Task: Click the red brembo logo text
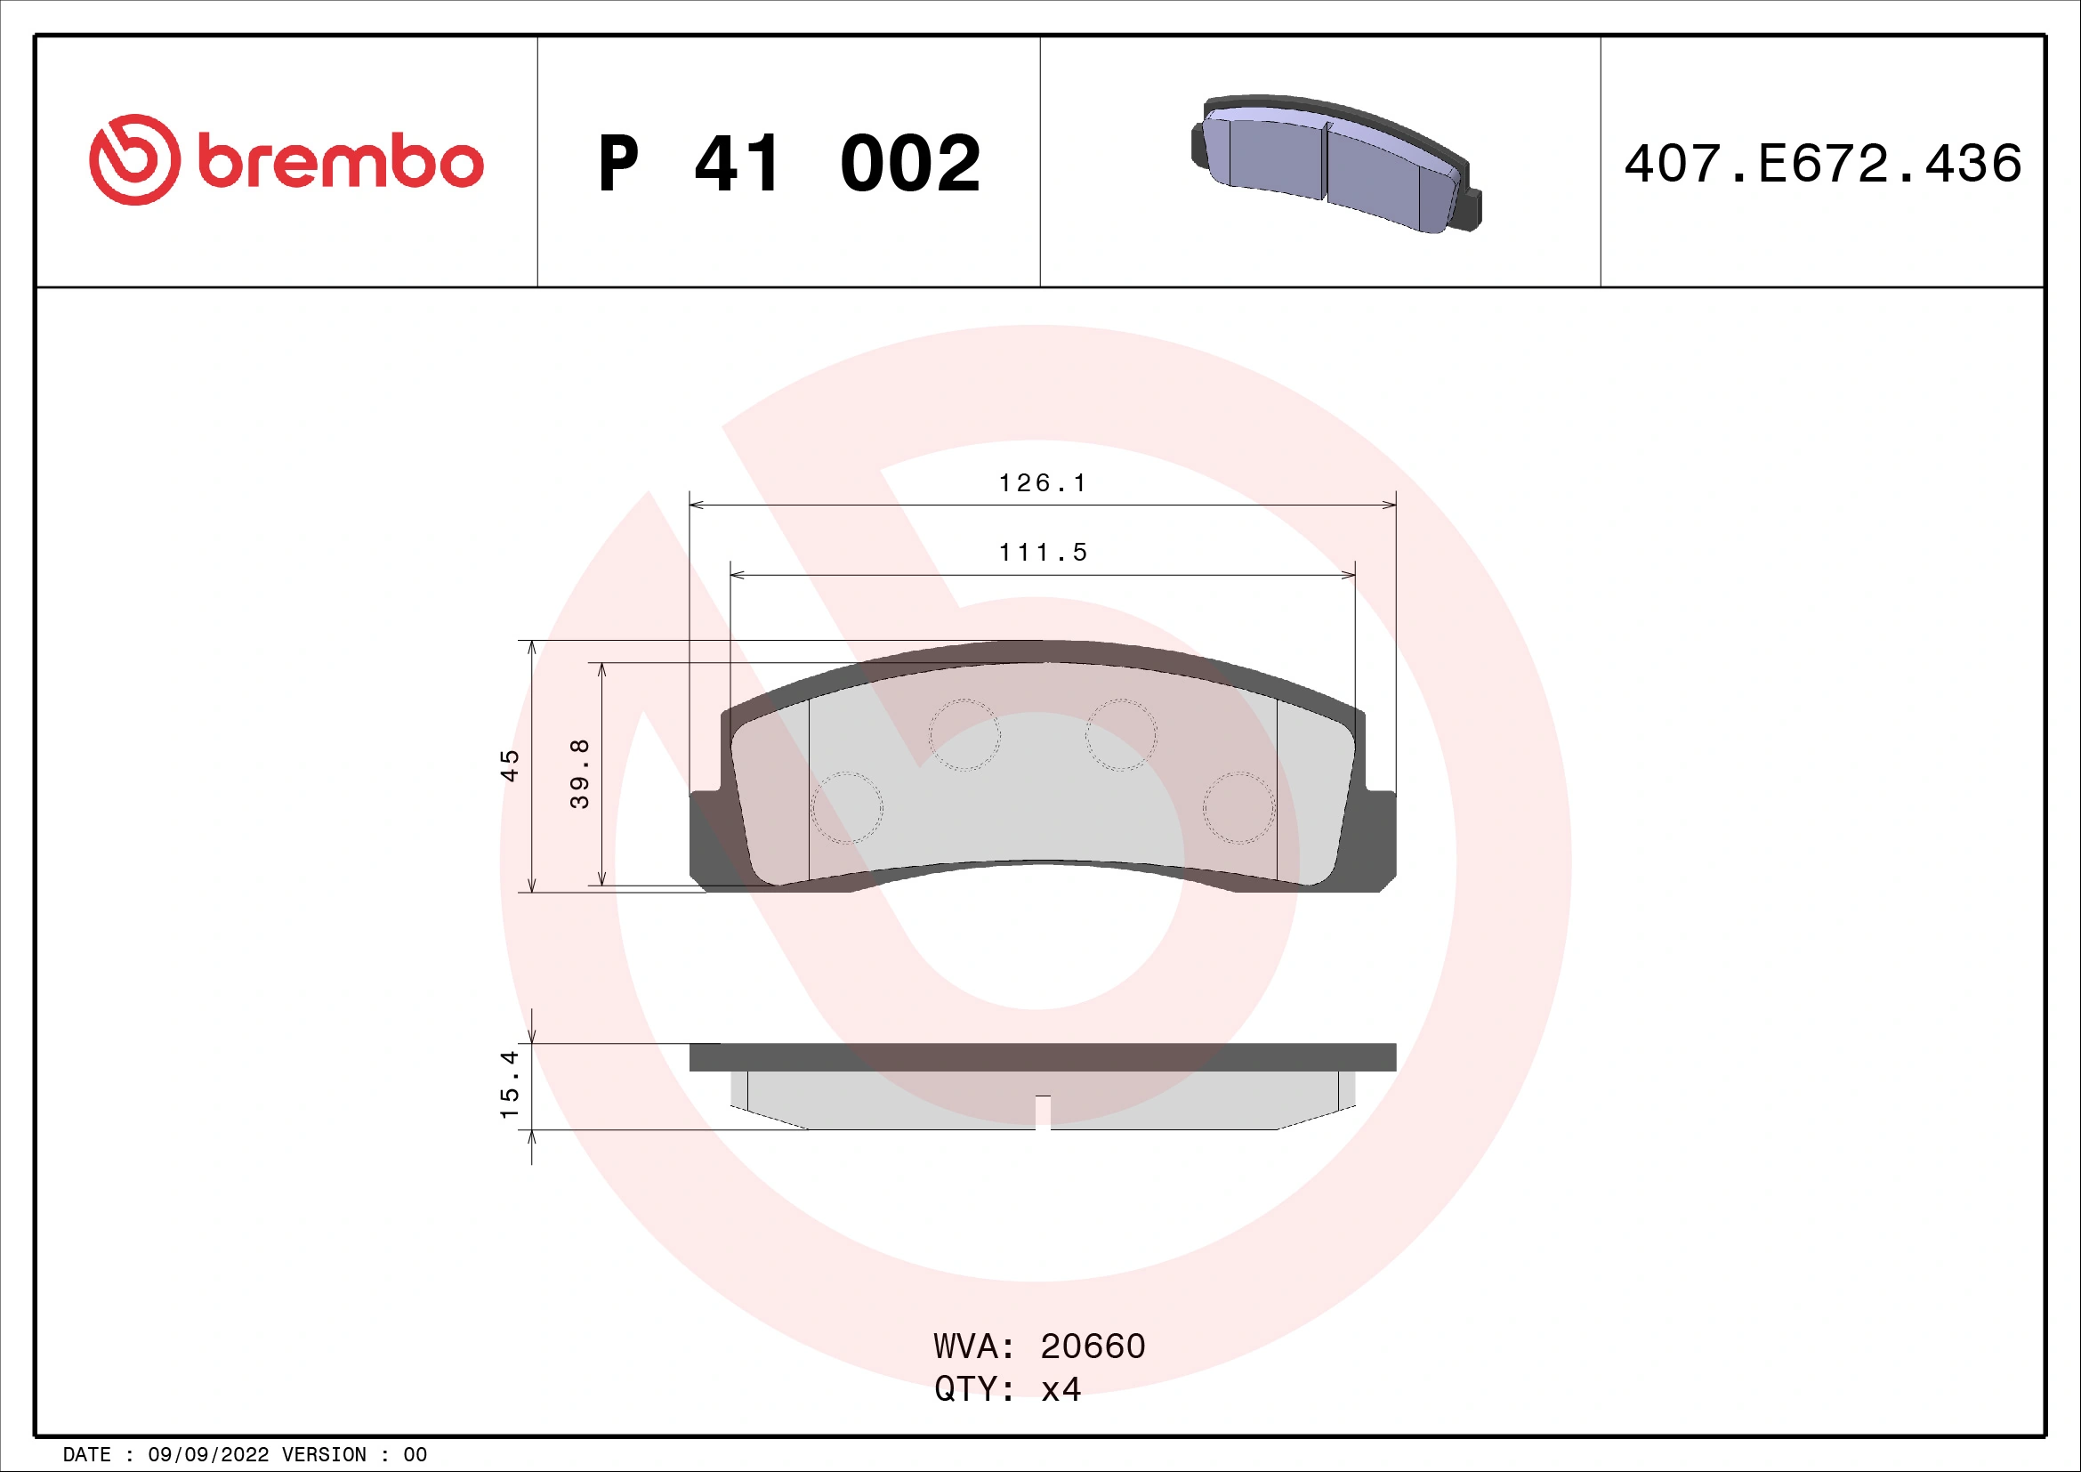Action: click(x=340, y=162)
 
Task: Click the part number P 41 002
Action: click(x=788, y=164)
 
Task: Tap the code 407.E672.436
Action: click(x=1822, y=164)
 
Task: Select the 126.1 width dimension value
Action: click(x=1043, y=483)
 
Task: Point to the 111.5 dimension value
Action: click(x=1043, y=552)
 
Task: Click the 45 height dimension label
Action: click(x=511, y=766)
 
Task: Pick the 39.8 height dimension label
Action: click(x=580, y=773)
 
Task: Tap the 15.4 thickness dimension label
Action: click(x=510, y=1085)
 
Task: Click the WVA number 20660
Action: click(x=1093, y=1347)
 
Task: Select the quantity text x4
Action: click(x=1061, y=1389)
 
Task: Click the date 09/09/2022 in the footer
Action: click(x=207, y=1455)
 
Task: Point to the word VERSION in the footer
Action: click(x=325, y=1455)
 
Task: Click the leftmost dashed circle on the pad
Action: click(x=846, y=807)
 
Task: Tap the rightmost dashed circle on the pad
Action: click(x=1238, y=807)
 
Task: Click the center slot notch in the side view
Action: click(x=1043, y=1112)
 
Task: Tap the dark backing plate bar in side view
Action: click(x=1043, y=1057)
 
